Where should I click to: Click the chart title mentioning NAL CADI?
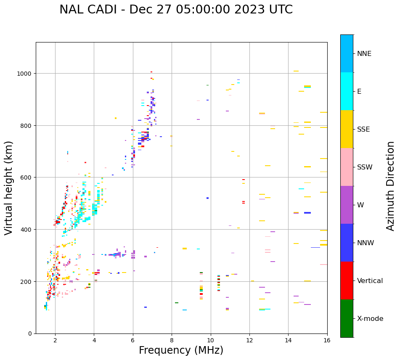176,10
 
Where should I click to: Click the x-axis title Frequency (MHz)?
181,350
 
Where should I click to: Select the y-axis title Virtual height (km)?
9,188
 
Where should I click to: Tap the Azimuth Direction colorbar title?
391,186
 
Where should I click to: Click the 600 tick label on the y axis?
27,177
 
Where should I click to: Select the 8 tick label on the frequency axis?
172,341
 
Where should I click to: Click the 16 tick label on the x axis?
327,341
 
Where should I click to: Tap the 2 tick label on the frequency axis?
55,341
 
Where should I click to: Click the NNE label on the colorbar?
364,54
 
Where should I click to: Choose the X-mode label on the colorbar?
370,319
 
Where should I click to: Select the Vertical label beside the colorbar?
370,281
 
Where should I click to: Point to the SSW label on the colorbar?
365,167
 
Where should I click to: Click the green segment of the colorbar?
347,318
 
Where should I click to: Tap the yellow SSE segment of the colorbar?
347,129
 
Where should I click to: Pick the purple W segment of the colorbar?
347,205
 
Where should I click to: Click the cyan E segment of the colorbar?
347,91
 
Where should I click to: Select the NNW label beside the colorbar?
366,243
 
